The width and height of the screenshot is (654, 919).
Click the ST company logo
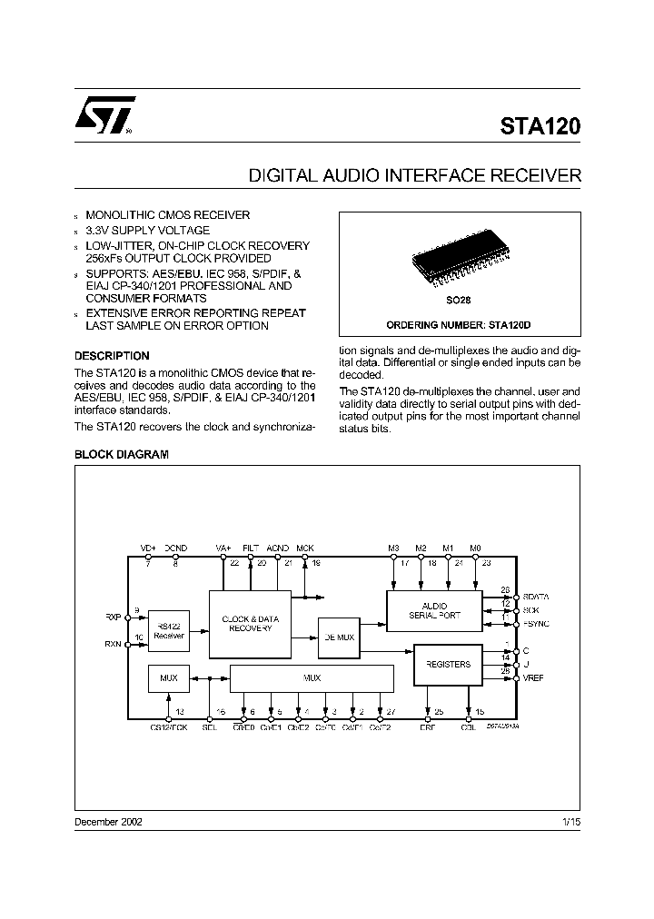click(104, 115)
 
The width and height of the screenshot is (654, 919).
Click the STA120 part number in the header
click(540, 126)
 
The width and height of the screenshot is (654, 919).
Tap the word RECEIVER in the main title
click(530, 175)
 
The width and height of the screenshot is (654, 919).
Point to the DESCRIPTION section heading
click(111, 356)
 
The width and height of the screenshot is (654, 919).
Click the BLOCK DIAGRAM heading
click(121, 454)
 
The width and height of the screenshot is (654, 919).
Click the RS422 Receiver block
click(169, 631)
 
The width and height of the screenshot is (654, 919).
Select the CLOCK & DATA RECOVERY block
click(250, 623)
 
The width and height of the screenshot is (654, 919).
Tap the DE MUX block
click(338, 637)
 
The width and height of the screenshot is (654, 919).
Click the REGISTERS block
click(448, 664)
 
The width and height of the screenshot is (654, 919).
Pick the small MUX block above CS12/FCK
click(169, 677)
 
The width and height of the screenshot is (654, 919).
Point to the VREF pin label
click(533, 678)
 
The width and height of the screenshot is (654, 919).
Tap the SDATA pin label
click(536, 597)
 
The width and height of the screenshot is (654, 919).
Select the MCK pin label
click(305, 548)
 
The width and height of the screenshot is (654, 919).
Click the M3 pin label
click(393, 548)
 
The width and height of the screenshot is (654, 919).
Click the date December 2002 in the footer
click(107, 821)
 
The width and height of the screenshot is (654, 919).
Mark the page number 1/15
click(570, 821)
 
